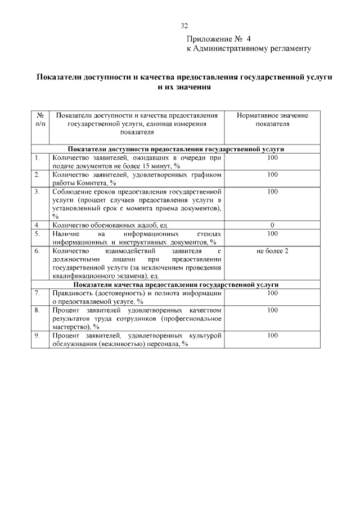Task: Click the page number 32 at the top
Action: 184,26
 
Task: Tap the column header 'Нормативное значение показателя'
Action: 272,119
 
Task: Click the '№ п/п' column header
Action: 40,119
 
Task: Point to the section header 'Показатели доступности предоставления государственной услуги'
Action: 176,150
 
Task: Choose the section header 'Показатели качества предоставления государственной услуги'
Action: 176,285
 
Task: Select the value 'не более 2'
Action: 272,250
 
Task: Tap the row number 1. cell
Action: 37,158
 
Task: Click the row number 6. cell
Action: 37,250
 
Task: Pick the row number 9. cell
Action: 37,336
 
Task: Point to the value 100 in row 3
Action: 272,192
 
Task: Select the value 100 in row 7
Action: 272,293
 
